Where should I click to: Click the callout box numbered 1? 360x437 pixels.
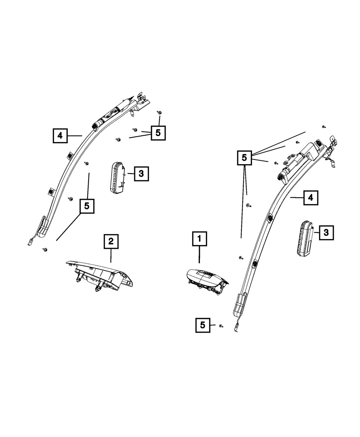[x=199, y=239]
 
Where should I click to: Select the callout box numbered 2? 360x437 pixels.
[x=111, y=242]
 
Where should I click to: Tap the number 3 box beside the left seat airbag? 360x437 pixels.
[x=141, y=174]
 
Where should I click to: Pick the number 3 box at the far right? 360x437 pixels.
[x=326, y=233]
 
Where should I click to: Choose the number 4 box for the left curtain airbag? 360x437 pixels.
[x=60, y=136]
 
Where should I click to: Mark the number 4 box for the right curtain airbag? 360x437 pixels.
[x=310, y=197]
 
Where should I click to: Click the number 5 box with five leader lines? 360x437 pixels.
[x=244, y=157]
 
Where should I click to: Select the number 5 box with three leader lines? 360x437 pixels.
[x=158, y=133]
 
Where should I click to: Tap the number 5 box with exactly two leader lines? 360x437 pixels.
[x=87, y=206]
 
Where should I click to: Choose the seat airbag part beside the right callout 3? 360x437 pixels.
[x=305, y=239]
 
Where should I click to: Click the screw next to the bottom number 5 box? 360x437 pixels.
[x=221, y=326]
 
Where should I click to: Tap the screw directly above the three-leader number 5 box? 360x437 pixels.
[x=158, y=113]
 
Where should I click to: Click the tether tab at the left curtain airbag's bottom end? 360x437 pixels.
[x=30, y=243]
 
